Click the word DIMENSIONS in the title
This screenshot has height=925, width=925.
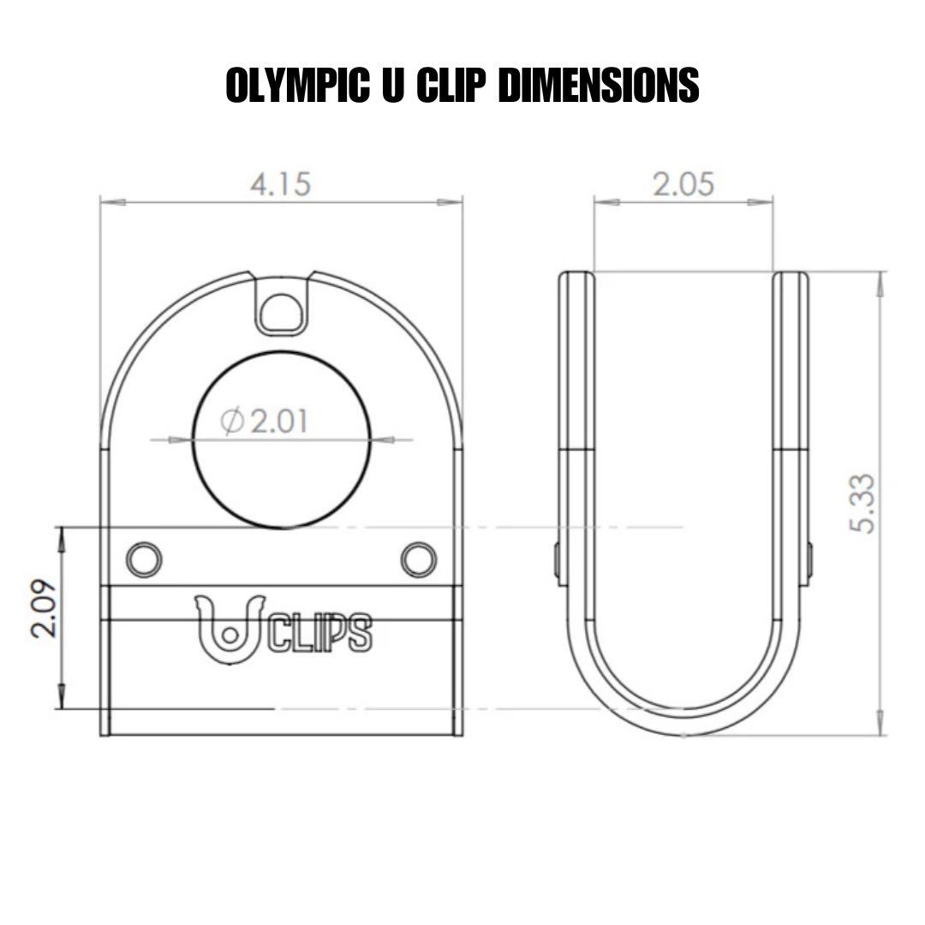click(597, 86)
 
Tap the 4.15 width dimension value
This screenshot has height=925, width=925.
click(280, 184)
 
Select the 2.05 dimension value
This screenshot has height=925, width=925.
click(683, 184)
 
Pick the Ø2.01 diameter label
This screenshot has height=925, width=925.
click(265, 421)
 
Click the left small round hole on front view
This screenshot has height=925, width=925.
click(144, 559)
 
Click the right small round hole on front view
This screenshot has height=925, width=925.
click(418, 559)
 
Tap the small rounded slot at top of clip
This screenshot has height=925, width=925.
click(282, 311)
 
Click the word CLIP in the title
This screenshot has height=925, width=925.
click(451, 86)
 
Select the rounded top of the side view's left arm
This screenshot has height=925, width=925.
click(576, 276)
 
